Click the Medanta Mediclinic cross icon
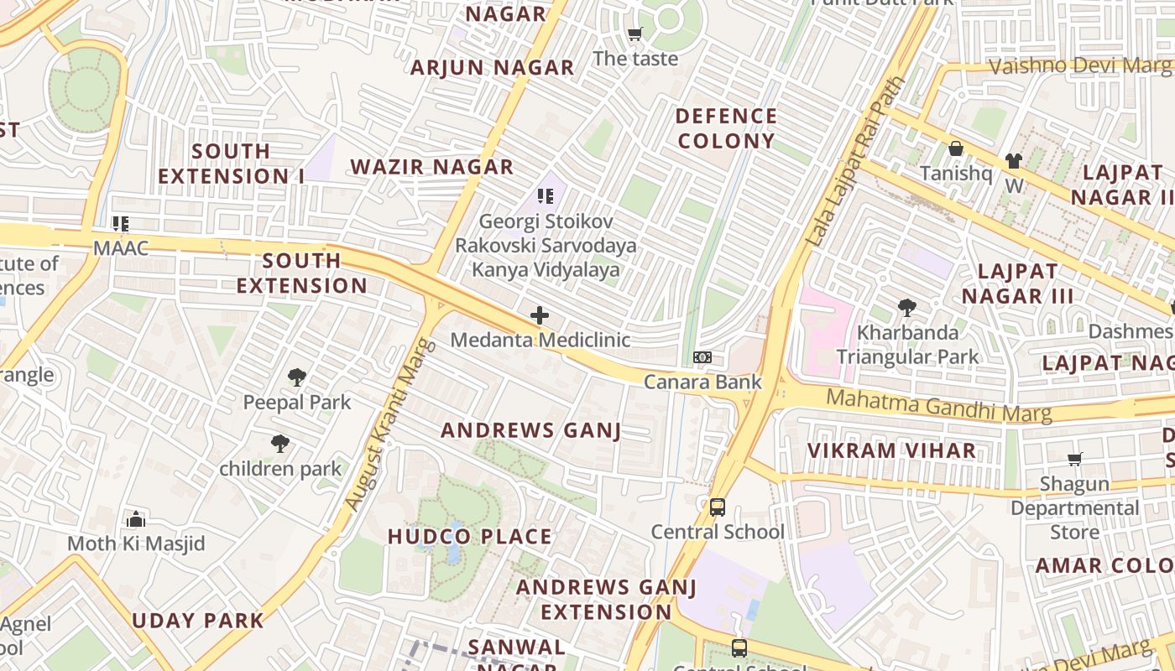click(x=540, y=316)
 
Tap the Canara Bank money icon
click(x=702, y=357)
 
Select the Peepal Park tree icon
click(x=296, y=377)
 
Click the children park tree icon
click(x=280, y=444)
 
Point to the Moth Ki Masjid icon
click(x=136, y=519)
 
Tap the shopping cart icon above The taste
click(x=635, y=34)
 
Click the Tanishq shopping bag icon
click(x=955, y=149)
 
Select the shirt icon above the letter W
click(x=1014, y=160)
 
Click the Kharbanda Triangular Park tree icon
click(x=907, y=308)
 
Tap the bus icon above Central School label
click(x=717, y=507)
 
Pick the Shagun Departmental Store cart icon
click(x=1075, y=459)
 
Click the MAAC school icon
click(x=121, y=224)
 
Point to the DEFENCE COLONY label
click(x=726, y=128)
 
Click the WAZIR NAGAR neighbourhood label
click(x=431, y=167)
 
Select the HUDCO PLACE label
click(x=470, y=537)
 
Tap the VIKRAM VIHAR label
click(x=892, y=450)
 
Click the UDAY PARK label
click(x=198, y=622)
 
